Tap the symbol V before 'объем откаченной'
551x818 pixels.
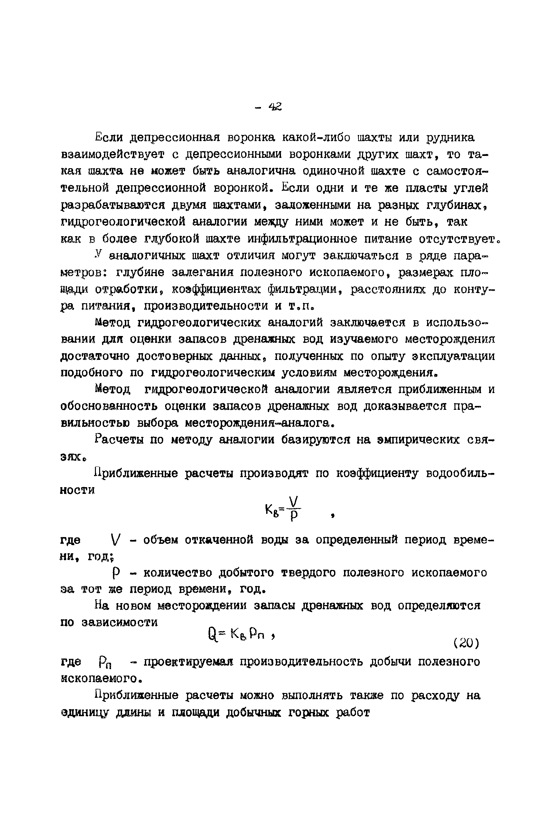115,540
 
